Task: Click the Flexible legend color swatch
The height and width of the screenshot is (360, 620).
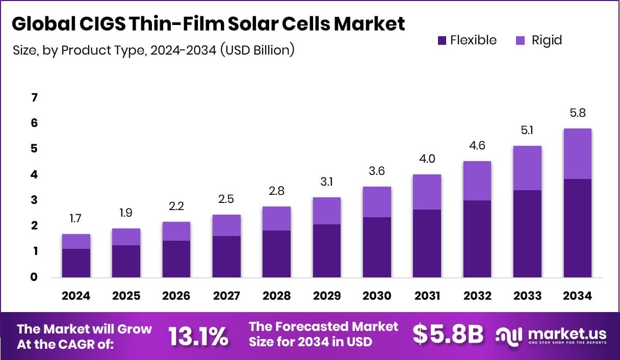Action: point(442,40)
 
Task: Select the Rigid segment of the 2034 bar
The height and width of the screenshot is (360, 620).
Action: point(577,153)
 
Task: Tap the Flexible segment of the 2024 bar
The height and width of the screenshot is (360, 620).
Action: point(76,263)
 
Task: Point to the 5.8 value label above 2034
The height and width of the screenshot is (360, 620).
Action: point(578,113)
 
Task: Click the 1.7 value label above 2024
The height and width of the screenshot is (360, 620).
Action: point(76,219)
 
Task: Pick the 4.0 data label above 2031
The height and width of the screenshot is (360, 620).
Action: point(427,159)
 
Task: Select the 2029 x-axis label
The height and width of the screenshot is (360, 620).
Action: point(327,296)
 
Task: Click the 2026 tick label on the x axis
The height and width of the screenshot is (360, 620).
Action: point(176,296)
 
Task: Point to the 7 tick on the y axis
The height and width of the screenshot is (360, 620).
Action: point(35,97)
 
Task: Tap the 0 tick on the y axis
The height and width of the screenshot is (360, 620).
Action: point(35,277)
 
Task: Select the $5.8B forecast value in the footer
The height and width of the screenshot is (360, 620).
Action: point(448,335)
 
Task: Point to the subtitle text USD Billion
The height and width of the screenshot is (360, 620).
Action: point(257,50)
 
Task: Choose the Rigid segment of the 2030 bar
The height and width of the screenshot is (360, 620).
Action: point(377,202)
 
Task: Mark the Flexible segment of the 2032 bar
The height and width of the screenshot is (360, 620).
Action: point(477,239)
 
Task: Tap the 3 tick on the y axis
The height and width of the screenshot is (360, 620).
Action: point(35,200)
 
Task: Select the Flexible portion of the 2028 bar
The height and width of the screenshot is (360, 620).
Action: point(276,254)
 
